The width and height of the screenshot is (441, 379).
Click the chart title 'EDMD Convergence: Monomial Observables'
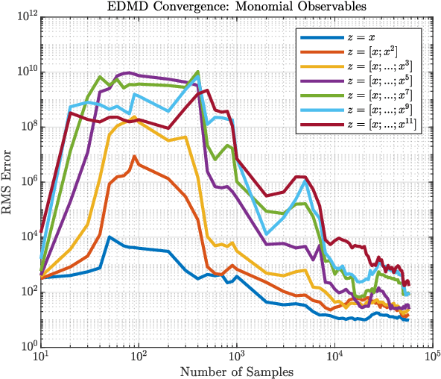235,7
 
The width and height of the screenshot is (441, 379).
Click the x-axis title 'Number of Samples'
235,371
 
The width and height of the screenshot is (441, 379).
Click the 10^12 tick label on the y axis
27,17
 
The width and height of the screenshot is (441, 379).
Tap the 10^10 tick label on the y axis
27,72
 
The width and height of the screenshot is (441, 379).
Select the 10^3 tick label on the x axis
237,359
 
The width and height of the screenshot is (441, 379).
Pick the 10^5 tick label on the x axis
431,359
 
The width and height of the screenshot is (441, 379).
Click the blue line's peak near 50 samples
110,237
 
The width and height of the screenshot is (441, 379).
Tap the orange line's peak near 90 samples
134,157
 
